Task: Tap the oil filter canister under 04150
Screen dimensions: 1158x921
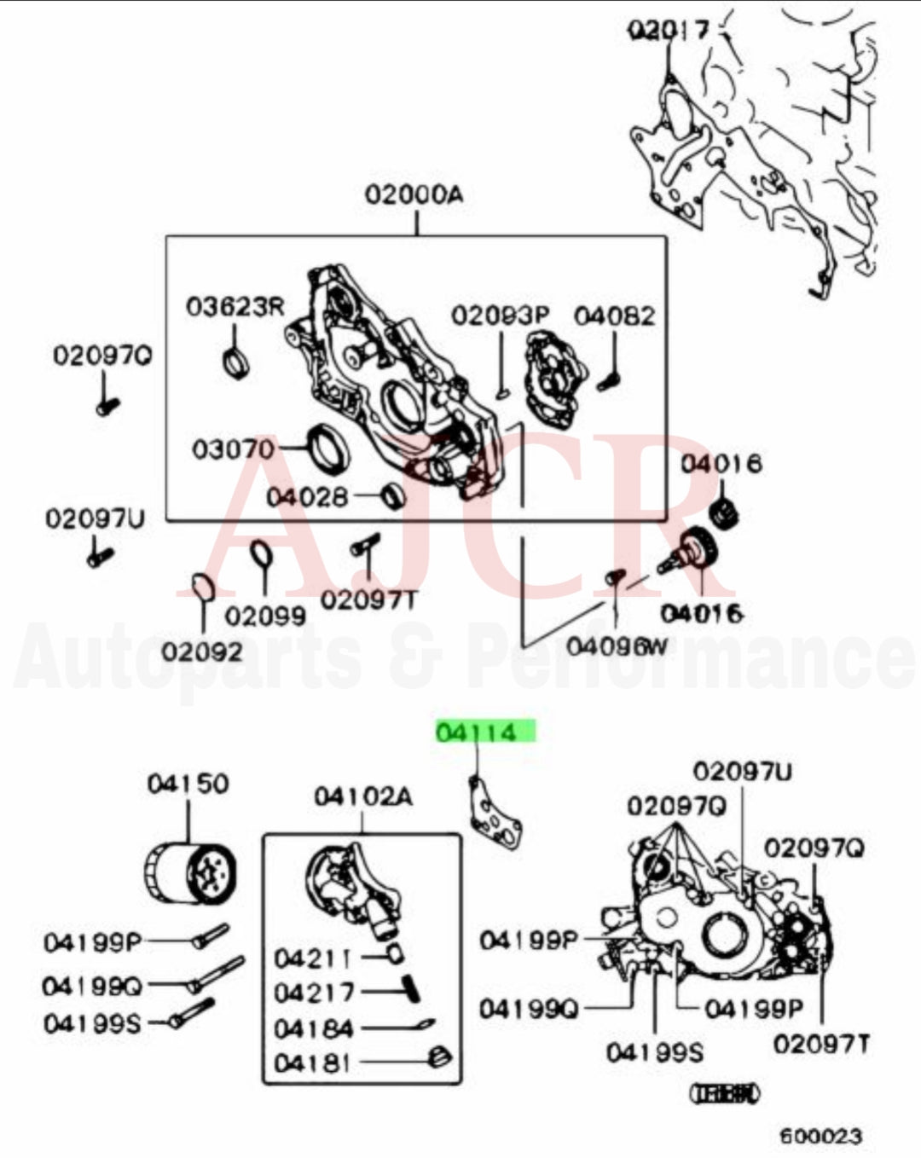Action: click(189, 874)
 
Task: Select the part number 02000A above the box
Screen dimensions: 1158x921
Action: click(414, 194)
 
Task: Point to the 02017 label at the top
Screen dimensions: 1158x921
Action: click(669, 31)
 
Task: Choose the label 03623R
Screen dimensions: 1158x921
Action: click(235, 306)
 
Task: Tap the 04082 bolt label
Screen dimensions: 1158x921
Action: click(614, 316)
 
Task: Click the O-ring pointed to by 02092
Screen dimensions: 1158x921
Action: click(201, 587)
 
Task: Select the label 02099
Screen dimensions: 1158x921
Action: click(265, 616)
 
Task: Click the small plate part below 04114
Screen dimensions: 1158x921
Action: click(495, 814)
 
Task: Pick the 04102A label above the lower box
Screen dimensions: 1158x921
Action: click(363, 796)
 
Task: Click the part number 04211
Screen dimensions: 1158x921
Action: click(313, 958)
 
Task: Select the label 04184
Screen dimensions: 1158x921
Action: click(313, 1028)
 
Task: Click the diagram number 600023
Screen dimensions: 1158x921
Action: click(820, 1135)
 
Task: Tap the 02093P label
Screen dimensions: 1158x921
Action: click(501, 316)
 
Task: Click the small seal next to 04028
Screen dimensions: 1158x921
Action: click(393, 494)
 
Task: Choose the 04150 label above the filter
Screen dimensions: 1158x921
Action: click(188, 783)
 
